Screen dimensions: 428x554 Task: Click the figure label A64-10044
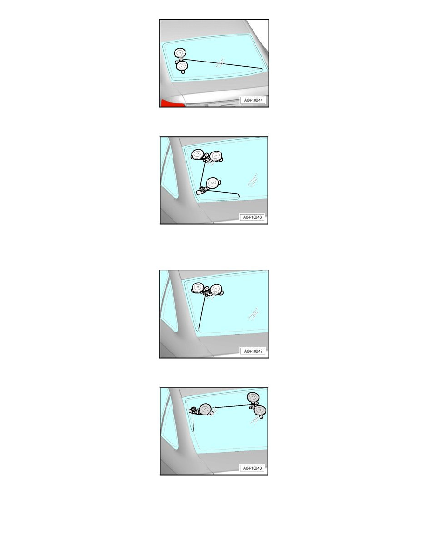(253, 100)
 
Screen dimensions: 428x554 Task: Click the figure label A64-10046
(252, 217)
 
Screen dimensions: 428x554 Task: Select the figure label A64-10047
(253, 351)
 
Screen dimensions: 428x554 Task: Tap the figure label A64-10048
(252, 468)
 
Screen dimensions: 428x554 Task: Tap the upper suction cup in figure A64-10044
(180, 54)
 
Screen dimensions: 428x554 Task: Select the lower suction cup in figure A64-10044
(182, 66)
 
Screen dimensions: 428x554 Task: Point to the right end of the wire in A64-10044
(262, 68)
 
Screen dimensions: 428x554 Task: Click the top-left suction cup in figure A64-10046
(197, 154)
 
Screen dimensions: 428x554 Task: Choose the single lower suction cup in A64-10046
(212, 183)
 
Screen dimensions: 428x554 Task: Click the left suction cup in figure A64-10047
(198, 288)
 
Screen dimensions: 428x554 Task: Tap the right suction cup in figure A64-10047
(215, 290)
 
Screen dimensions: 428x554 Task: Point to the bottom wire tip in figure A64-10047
(199, 330)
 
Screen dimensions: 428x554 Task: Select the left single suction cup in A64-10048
(205, 409)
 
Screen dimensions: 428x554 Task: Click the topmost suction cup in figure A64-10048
(253, 397)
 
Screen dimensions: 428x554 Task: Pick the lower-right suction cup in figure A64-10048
(260, 410)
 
